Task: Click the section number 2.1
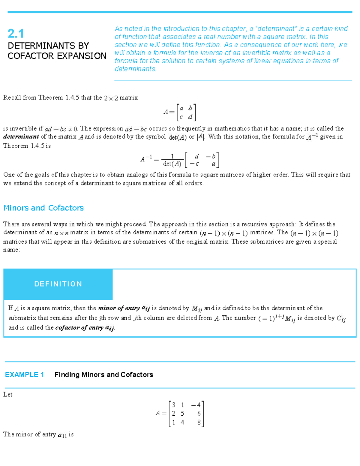(x=16, y=33)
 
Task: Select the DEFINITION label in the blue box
(x=58, y=284)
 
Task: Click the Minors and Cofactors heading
(x=43, y=208)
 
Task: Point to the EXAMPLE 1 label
(x=25, y=374)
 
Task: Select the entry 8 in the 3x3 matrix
(x=199, y=422)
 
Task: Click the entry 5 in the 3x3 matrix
(x=182, y=413)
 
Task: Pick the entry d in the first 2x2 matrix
(x=190, y=117)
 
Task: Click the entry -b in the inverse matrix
(x=211, y=156)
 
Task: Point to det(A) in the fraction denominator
(x=172, y=164)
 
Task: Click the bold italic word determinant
(x=21, y=137)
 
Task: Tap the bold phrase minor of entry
(x=119, y=308)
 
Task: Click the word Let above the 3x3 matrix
(x=8, y=394)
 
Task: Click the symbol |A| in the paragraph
(x=201, y=137)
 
